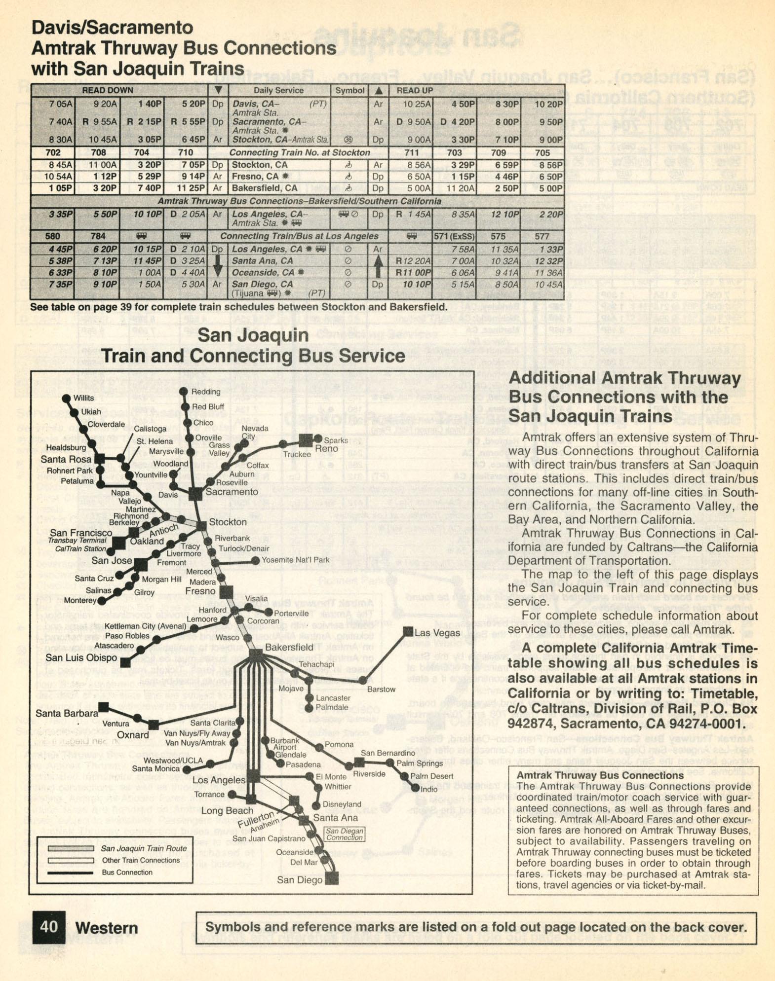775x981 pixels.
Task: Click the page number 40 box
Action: point(48,927)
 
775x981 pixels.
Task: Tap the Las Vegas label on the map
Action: point(437,633)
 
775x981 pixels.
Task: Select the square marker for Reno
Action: point(306,440)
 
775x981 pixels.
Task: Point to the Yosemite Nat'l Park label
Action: point(295,560)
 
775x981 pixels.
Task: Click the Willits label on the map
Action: point(83,398)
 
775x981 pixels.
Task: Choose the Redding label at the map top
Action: point(205,392)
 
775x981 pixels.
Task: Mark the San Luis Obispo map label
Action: point(81,657)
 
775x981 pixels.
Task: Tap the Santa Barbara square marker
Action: point(104,707)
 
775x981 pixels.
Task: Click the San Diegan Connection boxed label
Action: point(345,834)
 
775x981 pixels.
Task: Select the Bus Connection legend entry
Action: point(120,872)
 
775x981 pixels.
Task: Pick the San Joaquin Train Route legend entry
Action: point(144,848)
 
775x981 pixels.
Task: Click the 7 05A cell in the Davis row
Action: point(60,104)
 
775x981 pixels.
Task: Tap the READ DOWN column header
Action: point(107,90)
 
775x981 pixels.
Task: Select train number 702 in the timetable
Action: point(53,152)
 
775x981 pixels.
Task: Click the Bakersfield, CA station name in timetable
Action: point(265,188)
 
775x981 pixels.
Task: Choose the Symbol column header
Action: point(349,90)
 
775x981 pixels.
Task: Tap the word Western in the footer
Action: point(107,928)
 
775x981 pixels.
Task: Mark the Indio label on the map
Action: point(428,789)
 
